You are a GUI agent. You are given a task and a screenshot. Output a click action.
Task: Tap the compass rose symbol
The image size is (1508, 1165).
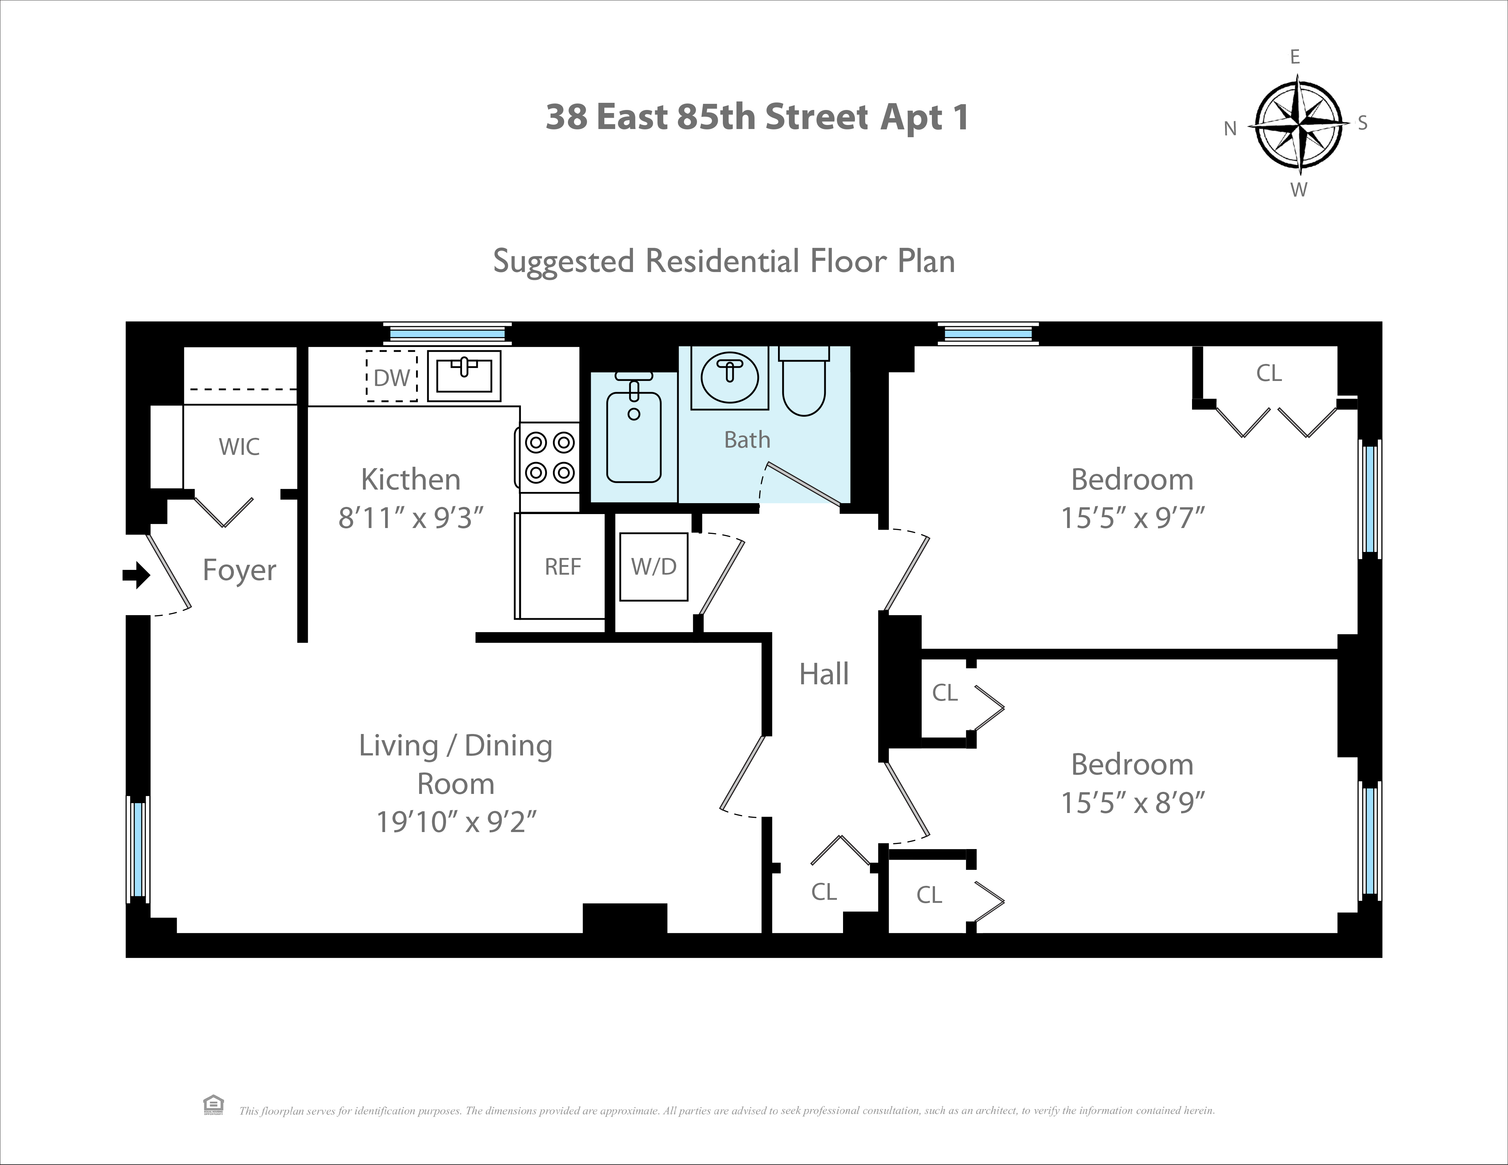(1298, 125)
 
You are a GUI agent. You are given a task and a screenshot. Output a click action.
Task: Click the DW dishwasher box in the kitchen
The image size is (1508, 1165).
(392, 377)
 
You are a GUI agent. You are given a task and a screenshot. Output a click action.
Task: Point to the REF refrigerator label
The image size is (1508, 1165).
(563, 567)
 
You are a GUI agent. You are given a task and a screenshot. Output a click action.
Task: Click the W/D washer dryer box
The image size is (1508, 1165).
(653, 567)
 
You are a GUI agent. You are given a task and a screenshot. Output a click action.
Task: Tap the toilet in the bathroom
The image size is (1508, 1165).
(804, 383)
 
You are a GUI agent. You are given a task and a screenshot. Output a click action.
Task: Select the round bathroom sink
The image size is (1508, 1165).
(729, 378)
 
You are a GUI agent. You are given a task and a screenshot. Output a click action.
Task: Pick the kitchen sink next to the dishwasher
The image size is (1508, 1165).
(464, 376)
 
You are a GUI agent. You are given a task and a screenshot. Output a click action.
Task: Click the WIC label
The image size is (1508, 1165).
(239, 447)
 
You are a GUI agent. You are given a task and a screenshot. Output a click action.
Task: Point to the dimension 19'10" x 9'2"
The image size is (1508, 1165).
(456, 822)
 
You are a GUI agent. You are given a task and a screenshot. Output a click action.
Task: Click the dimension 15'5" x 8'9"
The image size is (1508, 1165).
(1132, 802)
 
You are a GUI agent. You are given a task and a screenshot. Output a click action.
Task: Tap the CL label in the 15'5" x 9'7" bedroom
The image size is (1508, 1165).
(1268, 373)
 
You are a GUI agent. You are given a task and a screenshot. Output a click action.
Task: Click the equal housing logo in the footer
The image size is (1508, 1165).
(213, 1105)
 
